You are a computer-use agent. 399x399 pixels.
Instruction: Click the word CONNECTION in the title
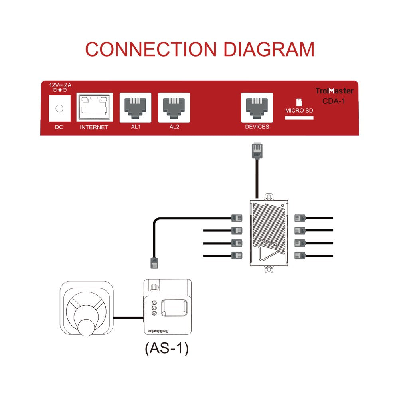tap(151, 49)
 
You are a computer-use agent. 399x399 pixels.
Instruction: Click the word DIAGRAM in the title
tap(269, 49)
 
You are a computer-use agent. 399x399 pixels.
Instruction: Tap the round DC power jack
tap(59, 108)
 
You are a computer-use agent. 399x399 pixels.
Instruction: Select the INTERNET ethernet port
tap(94, 107)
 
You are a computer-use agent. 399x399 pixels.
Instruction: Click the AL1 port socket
tap(135, 107)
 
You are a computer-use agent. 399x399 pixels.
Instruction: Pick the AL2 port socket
tap(174, 107)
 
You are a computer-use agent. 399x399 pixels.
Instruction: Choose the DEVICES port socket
tap(257, 107)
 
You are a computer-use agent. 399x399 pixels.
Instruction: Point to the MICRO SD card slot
tap(299, 118)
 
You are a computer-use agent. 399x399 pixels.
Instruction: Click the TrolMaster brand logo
tap(334, 91)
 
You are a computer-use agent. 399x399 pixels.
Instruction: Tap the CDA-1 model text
tap(334, 101)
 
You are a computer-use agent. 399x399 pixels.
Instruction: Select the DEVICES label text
tap(257, 127)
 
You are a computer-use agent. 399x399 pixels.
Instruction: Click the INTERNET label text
tap(94, 128)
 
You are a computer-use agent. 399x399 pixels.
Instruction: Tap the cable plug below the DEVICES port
tap(257, 150)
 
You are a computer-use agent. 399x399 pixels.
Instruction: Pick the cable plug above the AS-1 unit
tap(154, 263)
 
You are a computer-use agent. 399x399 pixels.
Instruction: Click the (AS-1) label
tap(166, 348)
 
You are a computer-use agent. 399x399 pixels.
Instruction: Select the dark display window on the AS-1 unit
tap(174, 308)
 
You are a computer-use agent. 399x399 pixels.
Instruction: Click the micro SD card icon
tap(299, 102)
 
